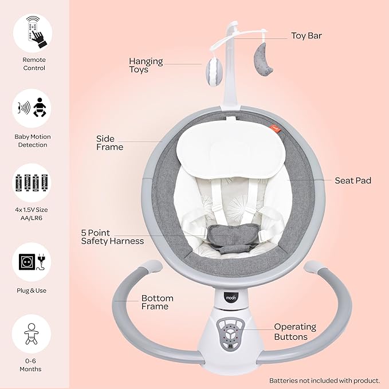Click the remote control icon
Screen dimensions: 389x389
tap(34, 32)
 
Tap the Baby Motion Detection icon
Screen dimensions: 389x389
tap(32, 108)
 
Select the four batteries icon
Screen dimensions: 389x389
tap(32, 183)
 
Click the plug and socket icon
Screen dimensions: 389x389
tap(32, 262)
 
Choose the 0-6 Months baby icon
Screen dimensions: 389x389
tap(32, 333)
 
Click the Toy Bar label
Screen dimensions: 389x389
tap(307, 36)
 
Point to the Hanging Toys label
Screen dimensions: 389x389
tap(146, 65)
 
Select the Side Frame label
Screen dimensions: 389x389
tap(109, 143)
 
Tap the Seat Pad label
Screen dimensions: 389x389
tap(353, 180)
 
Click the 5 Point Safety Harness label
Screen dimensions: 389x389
tap(112, 237)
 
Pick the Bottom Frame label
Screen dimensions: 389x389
tap(158, 302)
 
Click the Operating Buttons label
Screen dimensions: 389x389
tap(295, 332)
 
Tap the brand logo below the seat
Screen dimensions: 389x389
tap(231, 297)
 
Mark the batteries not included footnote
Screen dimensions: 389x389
tap(324, 380)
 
